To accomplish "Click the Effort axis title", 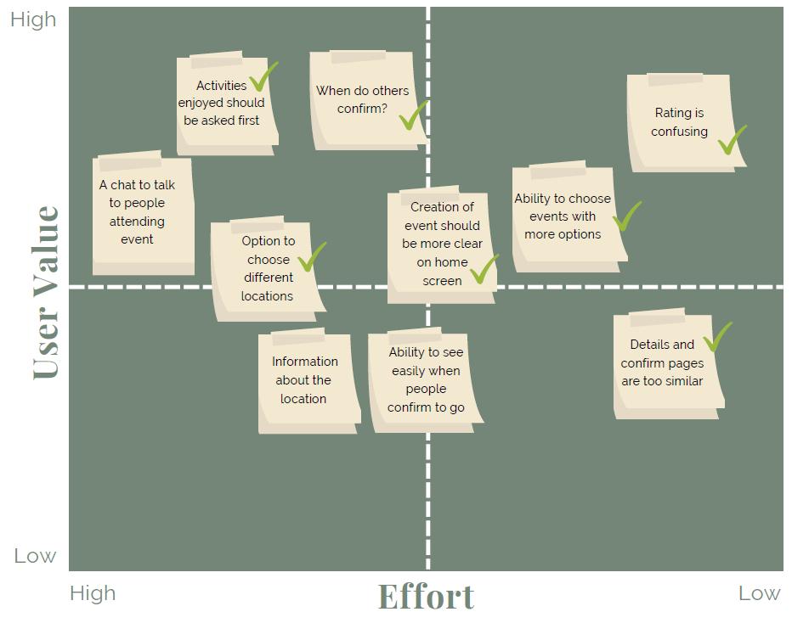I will tap(426, 596).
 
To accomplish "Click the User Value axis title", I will tap(47, 291).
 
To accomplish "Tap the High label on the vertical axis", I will tap(33, 20).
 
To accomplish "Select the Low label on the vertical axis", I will tap(35, 556).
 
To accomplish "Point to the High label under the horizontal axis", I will tap(93, 592).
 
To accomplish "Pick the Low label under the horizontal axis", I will tap(759, 592).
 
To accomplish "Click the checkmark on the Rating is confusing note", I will tap(731, 140).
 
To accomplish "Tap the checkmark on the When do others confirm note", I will tap(414, 115).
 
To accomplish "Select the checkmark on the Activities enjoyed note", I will tap(263, 76).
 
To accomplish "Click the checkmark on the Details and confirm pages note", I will tap(717, 336).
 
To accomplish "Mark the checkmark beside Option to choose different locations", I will tap(312, 256).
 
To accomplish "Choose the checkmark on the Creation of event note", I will tap(484, 268).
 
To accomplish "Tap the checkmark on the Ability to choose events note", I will tap(627, 216).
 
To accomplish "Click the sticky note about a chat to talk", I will tap(142, 213).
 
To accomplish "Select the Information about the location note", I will tap(307, 381).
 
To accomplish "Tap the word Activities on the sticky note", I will tap(221, 85).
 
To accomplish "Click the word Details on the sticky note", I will tap(650, 345).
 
